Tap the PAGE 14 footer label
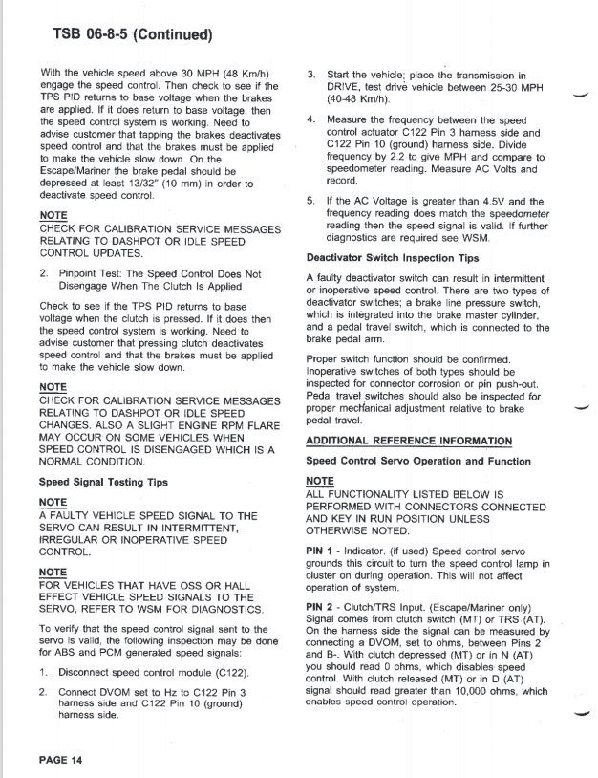62,759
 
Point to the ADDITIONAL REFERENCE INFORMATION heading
409,441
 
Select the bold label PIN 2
320,605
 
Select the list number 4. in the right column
311,119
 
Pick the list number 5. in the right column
311,202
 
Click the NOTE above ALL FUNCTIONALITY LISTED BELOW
320,481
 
